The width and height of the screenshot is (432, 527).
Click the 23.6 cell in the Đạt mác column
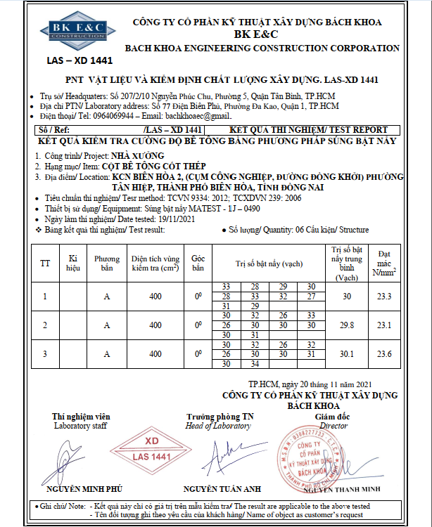click(x=384, y=354)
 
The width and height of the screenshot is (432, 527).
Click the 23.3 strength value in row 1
click(x=384, y=297)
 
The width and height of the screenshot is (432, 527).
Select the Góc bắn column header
click(x=198, y=263)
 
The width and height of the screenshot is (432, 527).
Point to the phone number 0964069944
click(x=129, y=115)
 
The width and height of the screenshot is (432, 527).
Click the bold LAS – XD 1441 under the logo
click(x=70, y=61)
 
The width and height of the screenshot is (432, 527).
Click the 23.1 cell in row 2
click(x=384, y=325)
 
